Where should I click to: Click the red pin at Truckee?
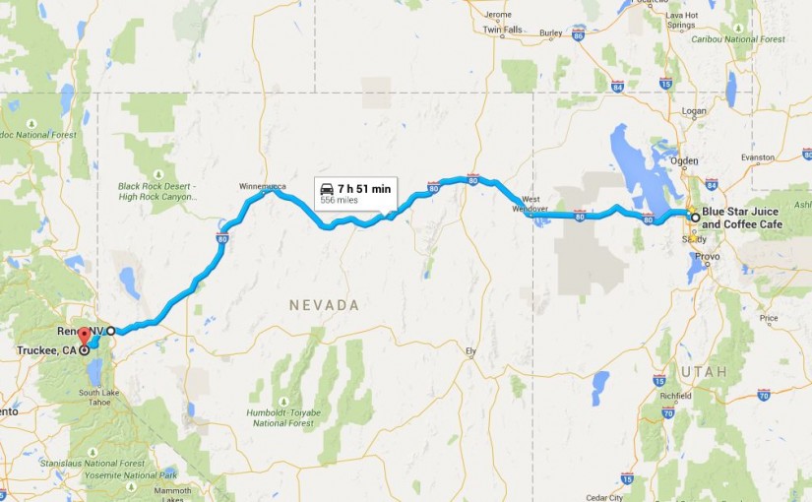pyautogui.click(x=84, y=336)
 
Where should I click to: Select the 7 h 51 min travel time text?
pyautogui.click(x=364, y=187)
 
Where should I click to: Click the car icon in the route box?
pyautogui.click(x=327, y=187)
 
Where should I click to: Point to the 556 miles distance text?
pyautogui.click(x=339, y=200)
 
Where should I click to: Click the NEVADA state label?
pyautogui.click(x=324, y=306)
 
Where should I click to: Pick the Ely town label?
pyautogui.click(x=470, y=350)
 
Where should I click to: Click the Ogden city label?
pyautogui.click(x=684, y=160)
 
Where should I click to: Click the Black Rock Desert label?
pyautogui.click(x=157, y=191)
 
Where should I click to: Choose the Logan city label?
pyautogui.click(x=694, y=111)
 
